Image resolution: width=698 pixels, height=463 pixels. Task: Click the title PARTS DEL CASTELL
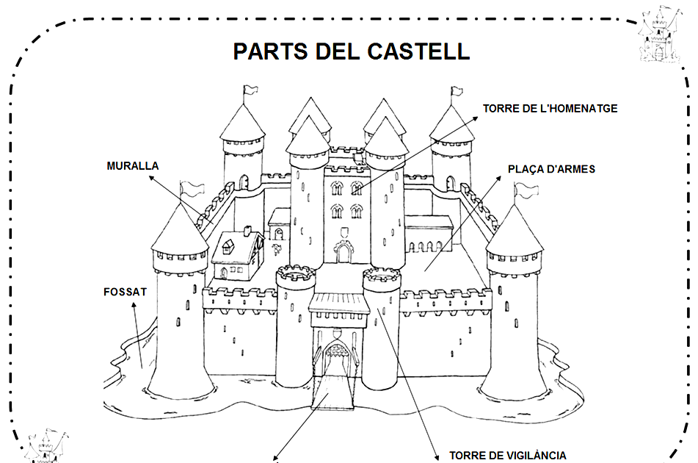click(x=351, y=51)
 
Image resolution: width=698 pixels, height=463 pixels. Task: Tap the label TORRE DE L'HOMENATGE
click(x=550, y=109)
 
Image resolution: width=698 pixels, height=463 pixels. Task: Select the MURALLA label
click(x=132, y=166)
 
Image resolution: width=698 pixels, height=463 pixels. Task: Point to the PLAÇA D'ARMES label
click(x=551, y=169)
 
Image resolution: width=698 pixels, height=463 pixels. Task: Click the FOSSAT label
click(x=126, y=292)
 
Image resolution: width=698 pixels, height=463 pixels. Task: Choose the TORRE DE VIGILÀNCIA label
click(x=507, y=455)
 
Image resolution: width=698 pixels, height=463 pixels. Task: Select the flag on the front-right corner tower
click(x=524, y=190)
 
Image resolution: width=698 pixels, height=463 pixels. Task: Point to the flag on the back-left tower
click(x=251, y=90)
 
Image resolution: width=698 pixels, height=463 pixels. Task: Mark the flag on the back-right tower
click(x=456, y=92)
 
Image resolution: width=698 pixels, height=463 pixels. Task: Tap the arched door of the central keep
click(x=343, y=252)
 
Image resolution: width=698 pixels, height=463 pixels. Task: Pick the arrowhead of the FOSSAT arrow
click(x=133, y=305)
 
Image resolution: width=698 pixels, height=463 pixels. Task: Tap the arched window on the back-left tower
click(x=242, y=182)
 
